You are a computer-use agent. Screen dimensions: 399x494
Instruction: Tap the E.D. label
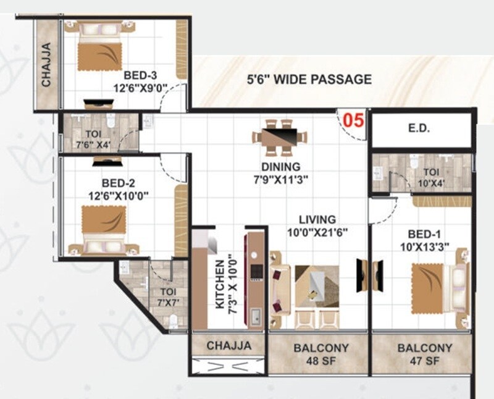pyautogui.click(x=423, y=130)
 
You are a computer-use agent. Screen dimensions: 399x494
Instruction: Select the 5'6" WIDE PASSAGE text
pyautogui.click(x=309, y=79)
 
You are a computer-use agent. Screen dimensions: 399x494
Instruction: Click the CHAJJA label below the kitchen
pyautogui.click(x=228, y=345)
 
